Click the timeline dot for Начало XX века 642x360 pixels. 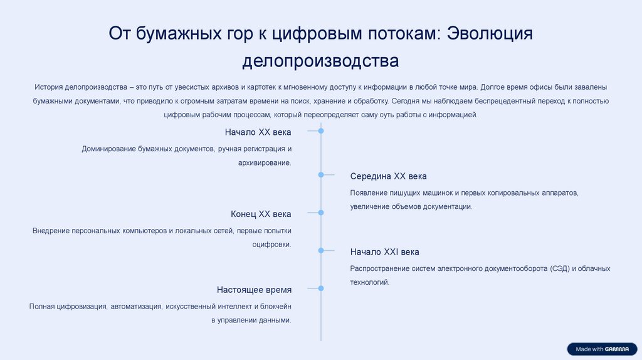321,131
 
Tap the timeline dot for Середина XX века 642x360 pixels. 321,175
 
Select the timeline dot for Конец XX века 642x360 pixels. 321,213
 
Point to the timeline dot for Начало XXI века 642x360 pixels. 321,250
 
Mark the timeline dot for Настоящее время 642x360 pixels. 321,289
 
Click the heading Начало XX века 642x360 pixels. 258,132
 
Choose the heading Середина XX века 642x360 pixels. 388,176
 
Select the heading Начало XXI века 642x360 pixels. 384,251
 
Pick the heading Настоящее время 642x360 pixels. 254,290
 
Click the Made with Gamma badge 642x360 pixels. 602,349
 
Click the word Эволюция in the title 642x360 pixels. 490,33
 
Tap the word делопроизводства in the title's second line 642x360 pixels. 320,61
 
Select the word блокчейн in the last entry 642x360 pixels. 276,306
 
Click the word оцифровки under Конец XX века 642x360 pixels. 272,244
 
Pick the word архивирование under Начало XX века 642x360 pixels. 265,162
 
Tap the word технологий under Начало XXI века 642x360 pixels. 370,282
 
